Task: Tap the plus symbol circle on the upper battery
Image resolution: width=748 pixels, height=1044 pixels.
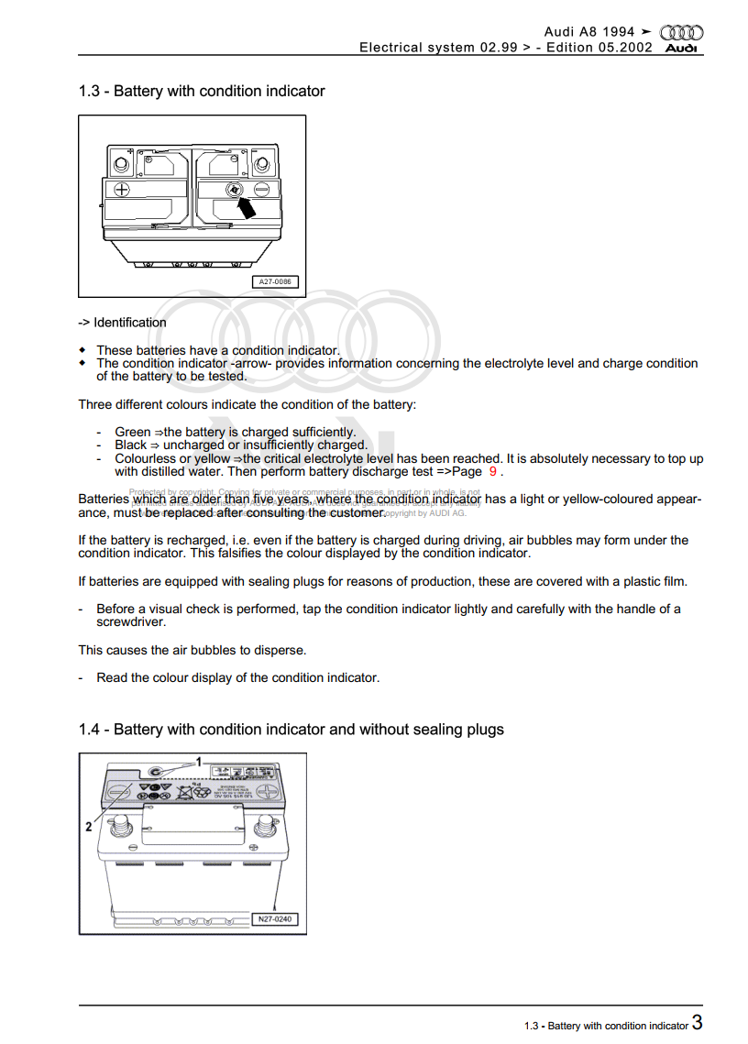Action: coord(121,190)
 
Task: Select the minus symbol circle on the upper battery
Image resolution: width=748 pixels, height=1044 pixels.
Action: coord(261,190)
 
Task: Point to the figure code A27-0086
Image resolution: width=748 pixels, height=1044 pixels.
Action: coord(275,282)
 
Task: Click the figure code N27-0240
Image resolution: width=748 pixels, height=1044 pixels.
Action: coord(275,918)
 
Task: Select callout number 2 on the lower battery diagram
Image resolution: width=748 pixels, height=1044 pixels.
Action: coord(89,827)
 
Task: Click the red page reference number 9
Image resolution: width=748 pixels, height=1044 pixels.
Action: coord(493,472)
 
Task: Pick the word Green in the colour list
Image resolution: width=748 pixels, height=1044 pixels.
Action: coord(131,432)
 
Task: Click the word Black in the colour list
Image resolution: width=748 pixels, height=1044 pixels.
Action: coord(131,445)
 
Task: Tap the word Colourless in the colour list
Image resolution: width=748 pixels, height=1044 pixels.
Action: coord(145,458)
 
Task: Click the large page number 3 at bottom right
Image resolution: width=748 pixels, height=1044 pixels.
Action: coord(698,1024)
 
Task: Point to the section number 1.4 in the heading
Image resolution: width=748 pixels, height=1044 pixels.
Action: coord(89,730)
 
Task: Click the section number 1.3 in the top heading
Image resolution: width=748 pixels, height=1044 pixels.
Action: coord(89,91)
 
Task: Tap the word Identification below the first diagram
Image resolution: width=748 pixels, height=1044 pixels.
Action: coord(130,323)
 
